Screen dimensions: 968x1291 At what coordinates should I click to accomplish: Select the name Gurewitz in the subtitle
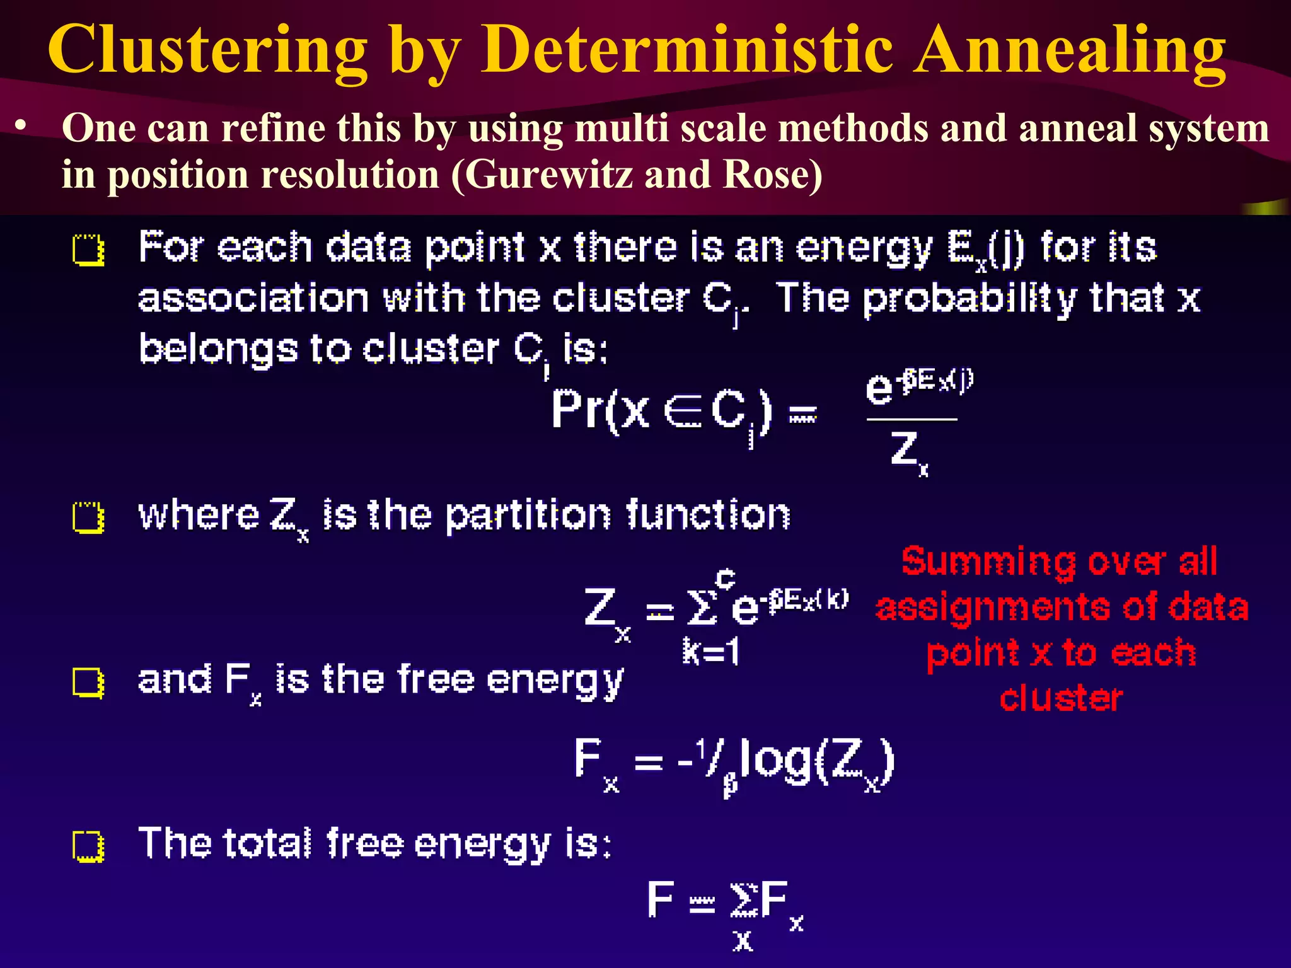(x=549, y=174)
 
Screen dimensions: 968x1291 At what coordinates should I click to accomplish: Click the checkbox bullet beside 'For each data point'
(x=88, y=250)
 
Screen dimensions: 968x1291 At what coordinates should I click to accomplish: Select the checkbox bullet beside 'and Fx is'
(x=88, y=683)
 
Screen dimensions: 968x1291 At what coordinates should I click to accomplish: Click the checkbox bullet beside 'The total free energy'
(x=88, y=846)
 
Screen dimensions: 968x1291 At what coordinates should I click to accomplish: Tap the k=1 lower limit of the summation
(x=711, y=652)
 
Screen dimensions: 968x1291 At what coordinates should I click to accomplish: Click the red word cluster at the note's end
(x=1061, y=698)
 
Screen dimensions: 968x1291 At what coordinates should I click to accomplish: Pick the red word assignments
(x=992, y=608)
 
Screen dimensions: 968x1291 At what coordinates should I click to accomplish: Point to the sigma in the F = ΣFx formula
(x=743, y=900)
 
